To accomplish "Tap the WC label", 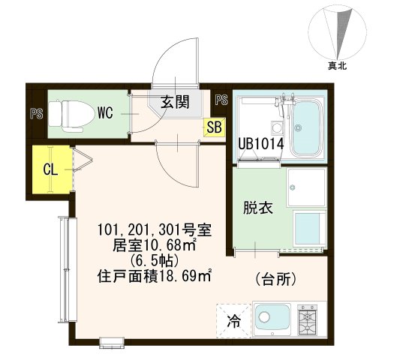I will pyautogui.click(x=105, y=114).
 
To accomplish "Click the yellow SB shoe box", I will pyautogui.click(x=214, y=127).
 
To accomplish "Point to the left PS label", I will pyautogui.click(x=35, y=114).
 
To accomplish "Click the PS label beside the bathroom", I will pyautogui.click(x=221, y=100).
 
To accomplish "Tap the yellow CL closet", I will pyautogui.click(x=50, y=169).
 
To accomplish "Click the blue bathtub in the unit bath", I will pyautogui.click(x=306, y=128).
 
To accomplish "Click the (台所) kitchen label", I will pyautogui.click(x=276, y=279).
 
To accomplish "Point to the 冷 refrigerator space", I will pyautogui.click(x=233, y=322).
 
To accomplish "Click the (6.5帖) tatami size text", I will pyautogui.click(x=154, y=261).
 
